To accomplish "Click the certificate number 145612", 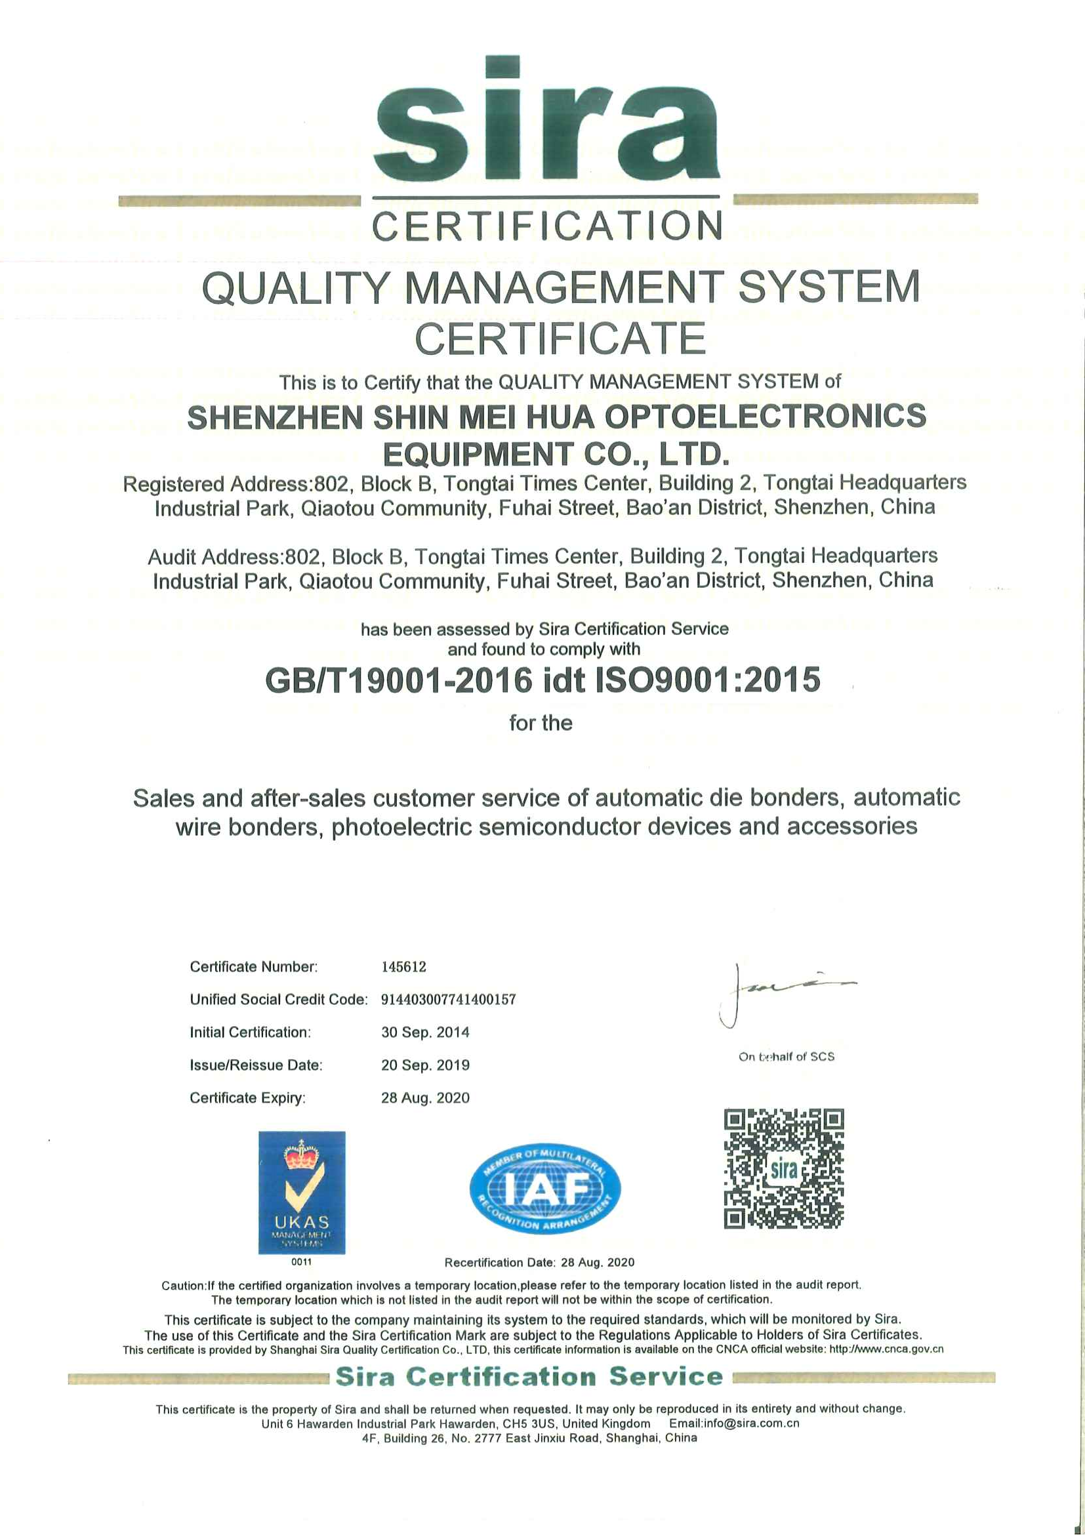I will pos(404,967).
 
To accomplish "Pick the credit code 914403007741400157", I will pos(448,1000).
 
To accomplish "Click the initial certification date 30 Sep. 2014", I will pos(425,1033).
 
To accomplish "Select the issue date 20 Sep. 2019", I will pos(425,1065).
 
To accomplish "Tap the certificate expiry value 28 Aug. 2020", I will pos(425,1097).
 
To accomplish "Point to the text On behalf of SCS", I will pos(786,1056).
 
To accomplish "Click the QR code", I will pos(783,1168).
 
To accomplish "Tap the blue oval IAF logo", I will pos(545,1188).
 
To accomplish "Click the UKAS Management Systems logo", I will pos(302,1192).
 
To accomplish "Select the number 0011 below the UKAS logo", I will pos(302,1262).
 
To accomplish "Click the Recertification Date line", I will pos(539,1262).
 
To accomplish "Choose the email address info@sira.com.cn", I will pos(734,1423).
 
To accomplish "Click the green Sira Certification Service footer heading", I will pos(529,1376).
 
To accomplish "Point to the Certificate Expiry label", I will pos(247,1097).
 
